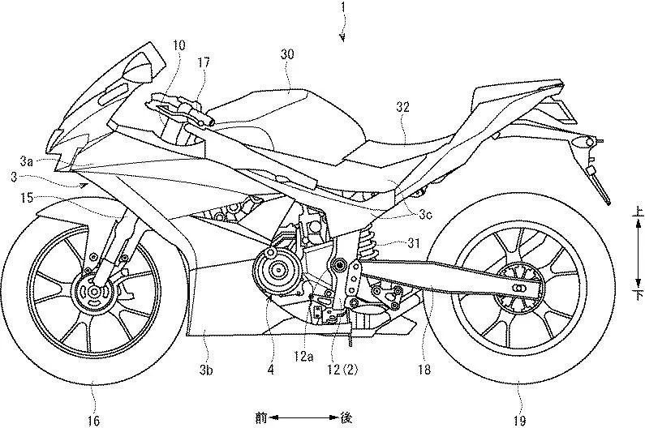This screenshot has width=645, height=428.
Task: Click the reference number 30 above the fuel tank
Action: [x=287, y=54]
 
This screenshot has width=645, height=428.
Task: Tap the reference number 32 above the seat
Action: [x=402, y=107]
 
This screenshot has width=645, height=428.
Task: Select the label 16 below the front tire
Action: [x=93, y=420]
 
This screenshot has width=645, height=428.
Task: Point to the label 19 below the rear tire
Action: [x=519, y=420]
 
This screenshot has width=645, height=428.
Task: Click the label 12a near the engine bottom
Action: [x=303, y=357]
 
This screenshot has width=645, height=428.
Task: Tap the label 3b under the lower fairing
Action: [x=206, y=370]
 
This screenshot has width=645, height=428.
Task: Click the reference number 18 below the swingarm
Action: [x=424, y=370]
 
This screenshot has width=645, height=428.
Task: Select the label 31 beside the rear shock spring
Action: [x=414, y=243]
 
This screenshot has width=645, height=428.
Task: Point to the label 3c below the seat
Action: [x=426, y=215]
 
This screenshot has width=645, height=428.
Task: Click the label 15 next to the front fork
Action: [x=26, y=199]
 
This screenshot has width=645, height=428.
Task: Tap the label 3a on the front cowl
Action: [x=26, y=161]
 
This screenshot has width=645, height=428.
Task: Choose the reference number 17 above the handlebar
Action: [x=204, y=62]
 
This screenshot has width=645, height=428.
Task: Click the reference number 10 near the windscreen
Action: [x=179, y=45]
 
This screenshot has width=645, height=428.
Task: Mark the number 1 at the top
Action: [x=342, y=8]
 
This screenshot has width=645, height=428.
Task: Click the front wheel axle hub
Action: [x=95, y=292]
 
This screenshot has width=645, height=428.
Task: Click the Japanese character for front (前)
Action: [x=260, y=418]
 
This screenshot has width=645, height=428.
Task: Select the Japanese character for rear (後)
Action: [x=346, y=418]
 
